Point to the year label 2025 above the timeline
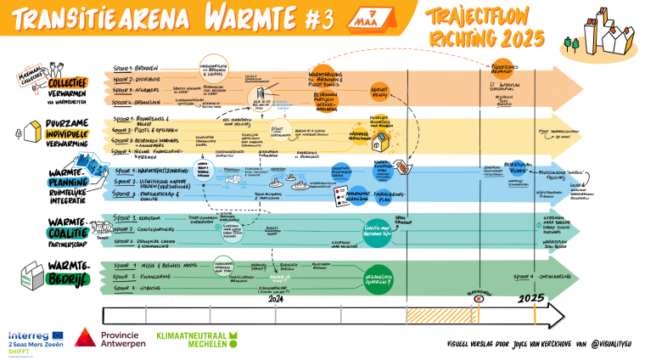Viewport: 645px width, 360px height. pos(532,297)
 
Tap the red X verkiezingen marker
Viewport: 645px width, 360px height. pos(478,298)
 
